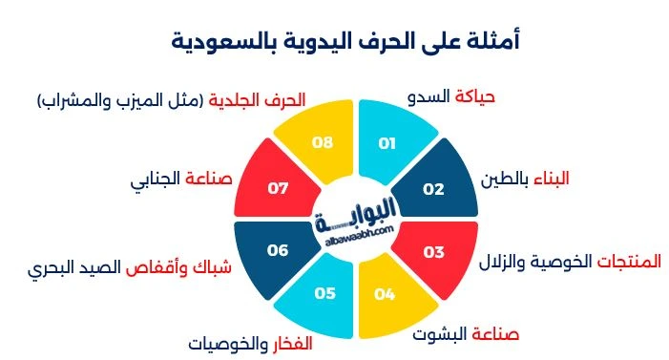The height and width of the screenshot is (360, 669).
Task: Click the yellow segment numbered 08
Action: tap(323, 143)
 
